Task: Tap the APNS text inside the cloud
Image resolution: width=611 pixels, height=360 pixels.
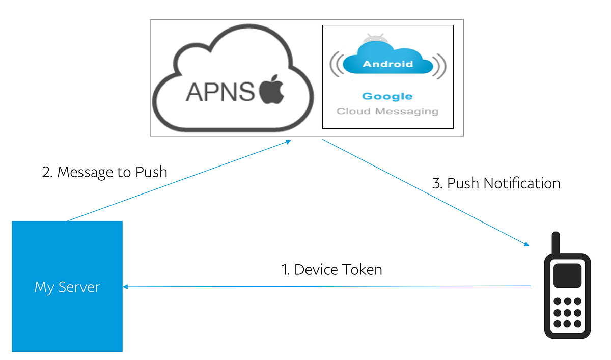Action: (x=220, y=92)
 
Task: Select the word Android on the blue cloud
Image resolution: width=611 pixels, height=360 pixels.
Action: (x=387, y=64)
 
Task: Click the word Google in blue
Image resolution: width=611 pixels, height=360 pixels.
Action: (x=387, y=96)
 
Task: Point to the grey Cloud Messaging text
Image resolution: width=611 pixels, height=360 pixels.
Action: (x=387, y=111)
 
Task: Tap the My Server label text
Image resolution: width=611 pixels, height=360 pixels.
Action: (x=67, y=287)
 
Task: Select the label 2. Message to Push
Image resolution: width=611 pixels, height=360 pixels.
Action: (x=104, y=172)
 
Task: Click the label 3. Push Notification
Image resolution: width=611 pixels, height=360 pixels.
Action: (x=496, y=183)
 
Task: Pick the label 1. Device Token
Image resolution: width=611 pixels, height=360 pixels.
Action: (x=331, y=269)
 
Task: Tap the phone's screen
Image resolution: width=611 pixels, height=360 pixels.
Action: (x=567, y=275)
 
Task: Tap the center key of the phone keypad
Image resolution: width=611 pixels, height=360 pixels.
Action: (x=567, y=313)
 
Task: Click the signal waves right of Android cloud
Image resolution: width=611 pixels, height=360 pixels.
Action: (x=440, y=65)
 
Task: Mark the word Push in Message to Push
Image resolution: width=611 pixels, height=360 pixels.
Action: (x=151, y=172)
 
